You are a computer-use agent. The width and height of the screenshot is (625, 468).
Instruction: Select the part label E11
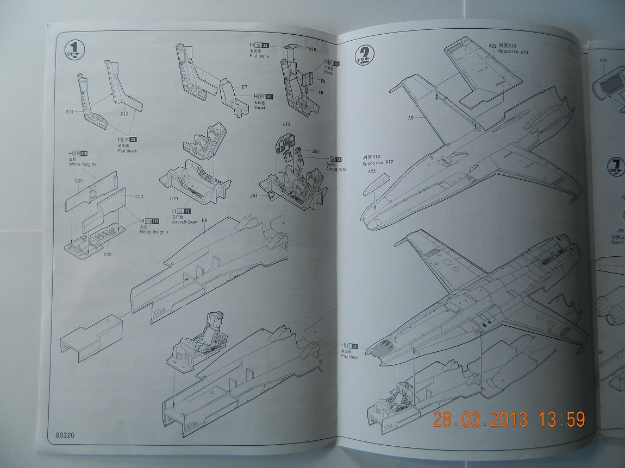pos(70,112)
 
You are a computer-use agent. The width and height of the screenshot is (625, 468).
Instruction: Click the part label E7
pos(244,87)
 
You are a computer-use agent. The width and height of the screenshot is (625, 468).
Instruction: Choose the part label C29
pos(79,181)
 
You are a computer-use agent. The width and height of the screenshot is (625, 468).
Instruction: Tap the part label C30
pos(139,197)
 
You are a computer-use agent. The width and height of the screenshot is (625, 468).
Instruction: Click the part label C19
pos(175,199)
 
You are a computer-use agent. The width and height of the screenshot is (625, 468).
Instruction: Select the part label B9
pos(205,220)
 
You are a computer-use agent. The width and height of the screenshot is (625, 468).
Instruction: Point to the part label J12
pos(287,124)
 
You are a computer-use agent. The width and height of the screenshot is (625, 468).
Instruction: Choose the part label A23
pos(372,171)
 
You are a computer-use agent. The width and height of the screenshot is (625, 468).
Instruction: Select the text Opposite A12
pos(380,162)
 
